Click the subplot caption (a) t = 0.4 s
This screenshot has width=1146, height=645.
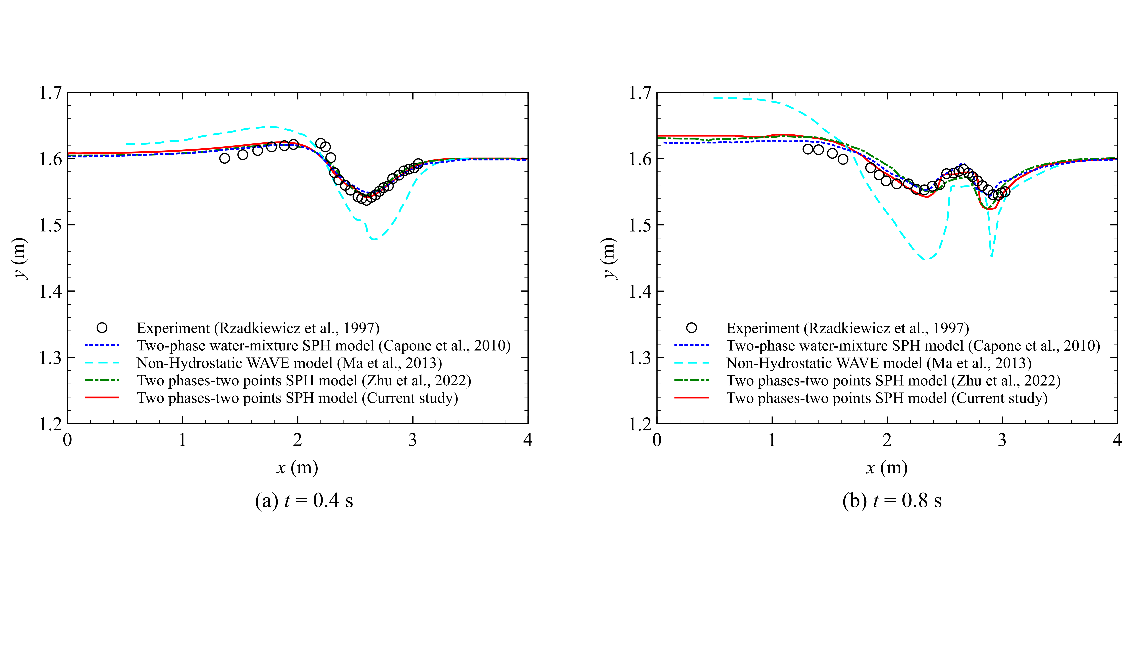coord(304,501)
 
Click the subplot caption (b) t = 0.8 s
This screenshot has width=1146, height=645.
coord(892,501)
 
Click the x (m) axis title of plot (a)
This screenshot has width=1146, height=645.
coord(297,468)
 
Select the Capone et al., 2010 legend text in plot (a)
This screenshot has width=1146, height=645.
coord(323,345)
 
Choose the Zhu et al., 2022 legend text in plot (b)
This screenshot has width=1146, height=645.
coord(893,381)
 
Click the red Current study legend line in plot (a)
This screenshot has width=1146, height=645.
coord(102,397)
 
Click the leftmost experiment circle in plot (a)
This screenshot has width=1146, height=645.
coord(225,158)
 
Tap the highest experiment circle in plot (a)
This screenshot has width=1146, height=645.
coord(320,143)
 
